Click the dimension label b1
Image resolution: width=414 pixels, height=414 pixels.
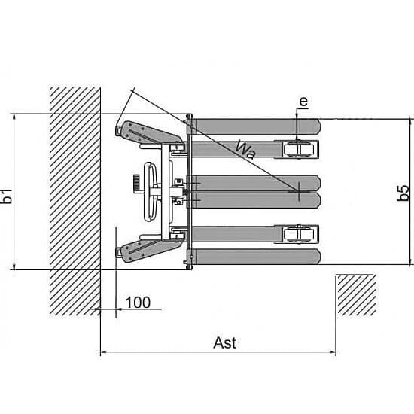click(x=6, y=196)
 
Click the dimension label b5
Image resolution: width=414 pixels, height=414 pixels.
click(x=403, y=193)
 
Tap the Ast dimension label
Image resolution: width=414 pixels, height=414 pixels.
click(x=225, y=343)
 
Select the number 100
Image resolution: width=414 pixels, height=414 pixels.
click(x=138, y=303)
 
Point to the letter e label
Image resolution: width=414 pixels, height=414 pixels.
click(x=303, y=102)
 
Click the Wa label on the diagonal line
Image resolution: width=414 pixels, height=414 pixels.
click(x=246, y=150)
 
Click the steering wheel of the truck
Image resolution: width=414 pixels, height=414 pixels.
click(x=151, y=191)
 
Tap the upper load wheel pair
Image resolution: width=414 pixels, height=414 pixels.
click(x=299, y=150)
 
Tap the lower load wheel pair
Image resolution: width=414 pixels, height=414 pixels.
click(x=299, y=233)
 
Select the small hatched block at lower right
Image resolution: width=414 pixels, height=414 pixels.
click(x=356, y=295)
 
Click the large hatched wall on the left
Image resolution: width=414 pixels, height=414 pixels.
click(x=75, y=201)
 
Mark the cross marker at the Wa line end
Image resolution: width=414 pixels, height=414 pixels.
click(x=299, y=191)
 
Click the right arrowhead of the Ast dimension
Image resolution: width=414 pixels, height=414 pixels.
click(x=333, y=352)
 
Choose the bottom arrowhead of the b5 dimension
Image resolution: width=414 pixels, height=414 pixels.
click(x=410, y=261)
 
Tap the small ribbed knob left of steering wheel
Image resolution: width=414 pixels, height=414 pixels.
click(x=136, y=183)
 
